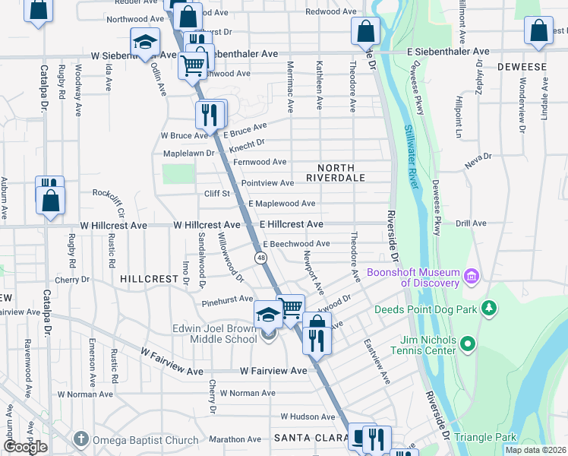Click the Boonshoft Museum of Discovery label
(413, 277)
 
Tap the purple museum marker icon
(471, 274)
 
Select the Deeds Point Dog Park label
(424, 309)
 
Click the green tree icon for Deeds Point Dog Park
(490, 308)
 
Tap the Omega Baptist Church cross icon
(82, 439)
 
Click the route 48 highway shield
(261, 258)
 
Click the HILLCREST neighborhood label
(149, 279)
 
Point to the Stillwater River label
(415, 157)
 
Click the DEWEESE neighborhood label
(522, 67)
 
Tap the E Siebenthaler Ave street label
(448, 51)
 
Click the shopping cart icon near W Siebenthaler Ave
(193, 65)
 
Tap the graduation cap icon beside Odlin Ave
(144, 41)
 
